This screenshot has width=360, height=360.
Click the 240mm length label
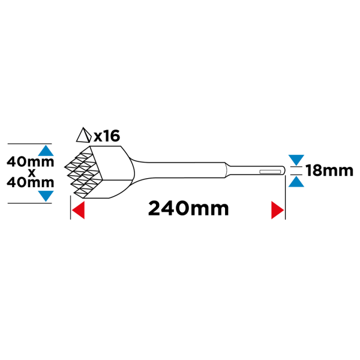(x=188, y=208)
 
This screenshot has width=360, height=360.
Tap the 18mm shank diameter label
(x=329, y=170)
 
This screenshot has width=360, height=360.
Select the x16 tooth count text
(x=107, y=136)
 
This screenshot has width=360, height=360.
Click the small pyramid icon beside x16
(x=84, y=135)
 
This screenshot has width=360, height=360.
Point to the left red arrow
(x=78, y=210)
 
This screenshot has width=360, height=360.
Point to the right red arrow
(x=278, y=210)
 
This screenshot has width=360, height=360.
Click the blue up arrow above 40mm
(x=46, y=151)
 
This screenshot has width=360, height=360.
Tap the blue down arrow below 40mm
(x=46, y=196)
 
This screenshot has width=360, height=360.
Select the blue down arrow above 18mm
(x=296, y=160)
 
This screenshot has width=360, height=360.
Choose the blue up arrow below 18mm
(x=296, y=181)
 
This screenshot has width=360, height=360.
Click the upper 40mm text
(x=31, y=161)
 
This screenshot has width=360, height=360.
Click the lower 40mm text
(x=31, y=182)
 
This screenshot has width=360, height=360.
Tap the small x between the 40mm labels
(x=31, y=173)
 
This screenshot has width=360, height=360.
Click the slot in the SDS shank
(x=270, y=172)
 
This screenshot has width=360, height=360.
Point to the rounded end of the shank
(x=284, y=170)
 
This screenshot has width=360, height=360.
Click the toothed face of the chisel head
(x=83, y=173)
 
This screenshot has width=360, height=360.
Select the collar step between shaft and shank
(x=227, y=170)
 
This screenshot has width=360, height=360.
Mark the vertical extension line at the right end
(x=285, y=197)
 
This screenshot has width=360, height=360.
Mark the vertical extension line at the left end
(x=70, y=208)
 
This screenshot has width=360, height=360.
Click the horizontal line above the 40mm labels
(x=29, y=144)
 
